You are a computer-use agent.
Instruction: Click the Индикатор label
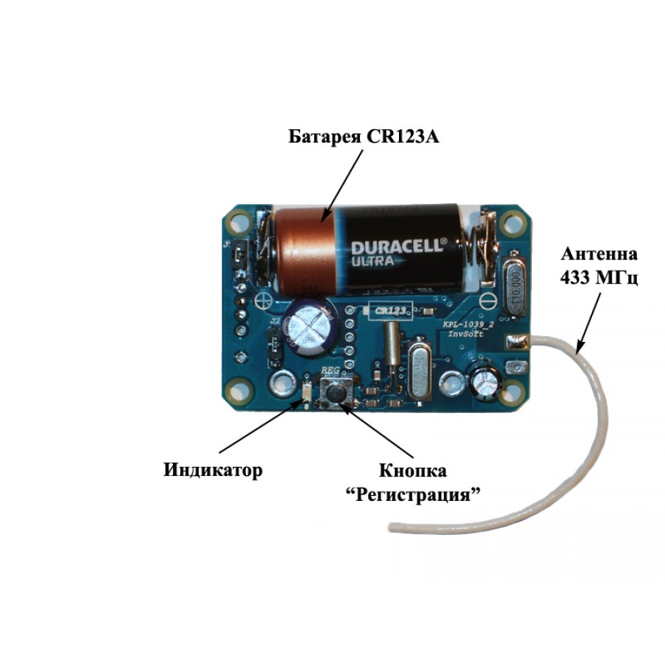tap(212, 470)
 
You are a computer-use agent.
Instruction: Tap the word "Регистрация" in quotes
tap(413, 494)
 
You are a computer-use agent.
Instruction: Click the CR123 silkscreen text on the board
tap(389, 311)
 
